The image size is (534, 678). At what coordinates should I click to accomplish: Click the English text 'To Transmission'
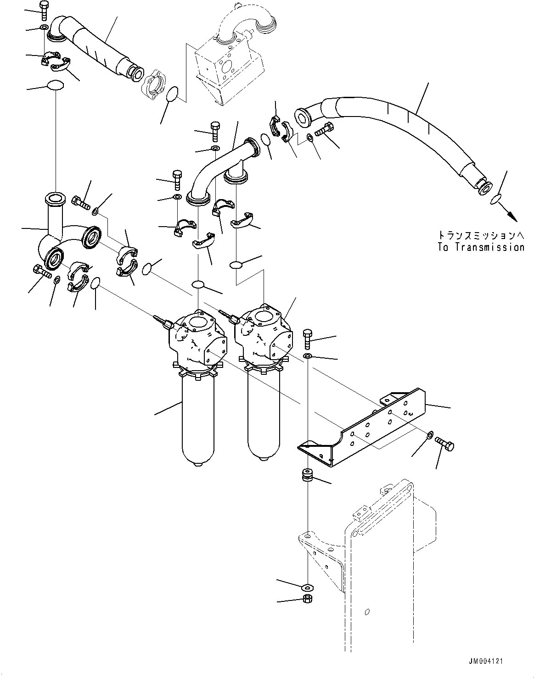pos(481,247)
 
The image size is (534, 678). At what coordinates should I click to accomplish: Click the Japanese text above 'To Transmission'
pos(481,235)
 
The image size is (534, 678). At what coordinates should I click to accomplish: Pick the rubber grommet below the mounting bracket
pos(307,475)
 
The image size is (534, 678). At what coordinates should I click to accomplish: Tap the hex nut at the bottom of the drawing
pos(307,599)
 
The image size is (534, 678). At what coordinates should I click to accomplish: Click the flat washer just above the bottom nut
pos(307,587)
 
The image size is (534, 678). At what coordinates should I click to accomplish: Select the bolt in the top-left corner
pos(44,9)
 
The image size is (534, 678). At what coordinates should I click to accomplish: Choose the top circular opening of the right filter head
pos(265,316)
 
